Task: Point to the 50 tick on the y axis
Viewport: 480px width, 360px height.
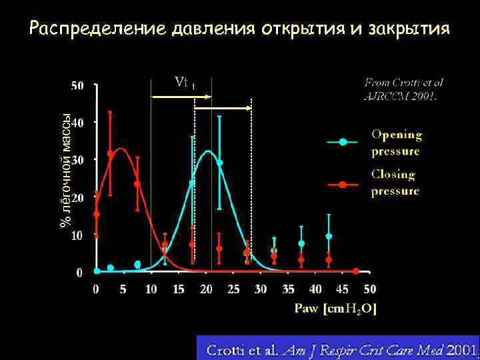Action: tap(77, 85)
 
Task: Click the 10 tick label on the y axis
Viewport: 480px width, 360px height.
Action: tap(77, 235)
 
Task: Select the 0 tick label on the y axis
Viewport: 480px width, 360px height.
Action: tap(80, 272)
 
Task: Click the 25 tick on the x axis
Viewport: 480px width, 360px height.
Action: tap(233, 289)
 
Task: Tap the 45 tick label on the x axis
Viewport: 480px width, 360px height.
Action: tap(343, 289)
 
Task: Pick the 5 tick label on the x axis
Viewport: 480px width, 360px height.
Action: tap(124, 289)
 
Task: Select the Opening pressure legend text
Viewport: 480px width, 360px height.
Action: tap(396, 143)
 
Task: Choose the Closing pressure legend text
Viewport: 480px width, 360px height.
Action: tap(395, 183)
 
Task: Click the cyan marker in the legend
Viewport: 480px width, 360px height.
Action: tap(343, 142)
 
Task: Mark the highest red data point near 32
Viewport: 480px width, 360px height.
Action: tap(110, 153)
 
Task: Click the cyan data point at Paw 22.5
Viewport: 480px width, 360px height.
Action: tap(219, 163)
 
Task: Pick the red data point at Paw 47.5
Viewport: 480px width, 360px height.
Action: tap(356, 271)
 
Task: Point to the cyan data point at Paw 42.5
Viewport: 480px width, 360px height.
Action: tap(329, 237)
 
